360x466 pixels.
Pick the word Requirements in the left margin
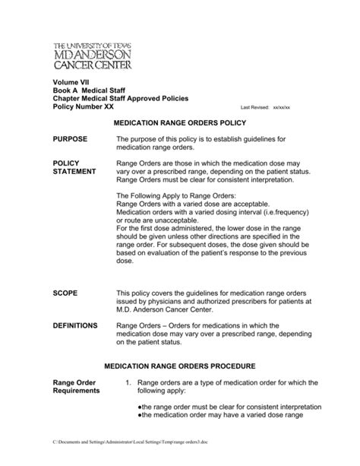click(x=76, y=391)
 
